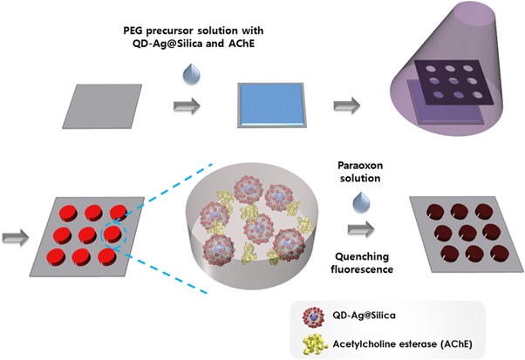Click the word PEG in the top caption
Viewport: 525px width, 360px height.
tap(133, 31)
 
